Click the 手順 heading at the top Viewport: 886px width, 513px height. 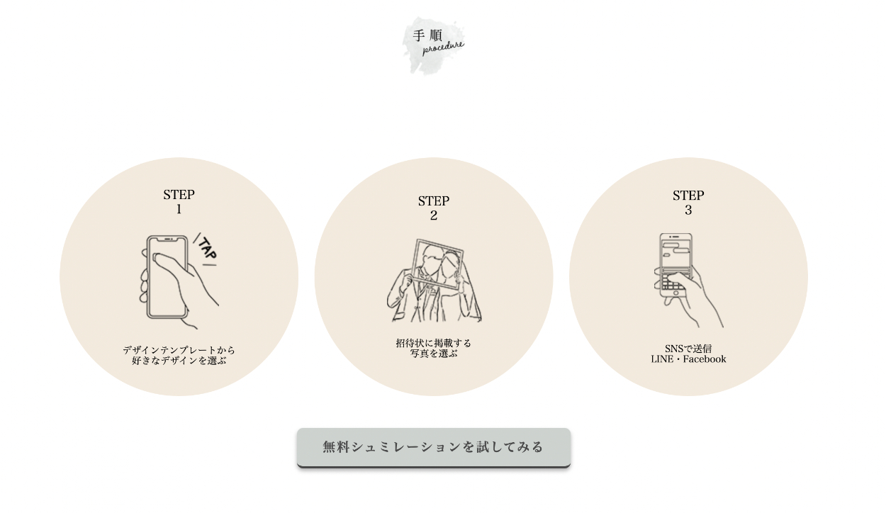click(427, 35)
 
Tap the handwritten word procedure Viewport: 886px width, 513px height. click(443, 47)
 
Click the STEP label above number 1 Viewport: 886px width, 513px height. click(179, 195)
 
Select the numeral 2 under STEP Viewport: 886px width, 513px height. click(434, 215)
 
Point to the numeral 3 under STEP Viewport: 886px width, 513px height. click(688, 210)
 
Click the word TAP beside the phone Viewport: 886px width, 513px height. click(207, 249)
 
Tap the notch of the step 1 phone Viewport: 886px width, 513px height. click(167, 239)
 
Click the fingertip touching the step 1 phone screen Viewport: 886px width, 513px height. click(157, 258)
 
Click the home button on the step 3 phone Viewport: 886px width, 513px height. click(676, 293)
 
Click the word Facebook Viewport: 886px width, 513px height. click(705, 359)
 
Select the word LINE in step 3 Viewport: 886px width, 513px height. click(662, 359)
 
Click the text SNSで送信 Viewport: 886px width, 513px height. click(688, 349)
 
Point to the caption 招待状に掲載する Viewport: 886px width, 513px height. click(434, 343)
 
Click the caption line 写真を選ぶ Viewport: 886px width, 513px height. click(434, 353)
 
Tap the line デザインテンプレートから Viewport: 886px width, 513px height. click(179, 350)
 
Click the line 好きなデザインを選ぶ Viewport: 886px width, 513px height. click(179, 361)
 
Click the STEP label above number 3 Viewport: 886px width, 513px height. click(688, 196)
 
